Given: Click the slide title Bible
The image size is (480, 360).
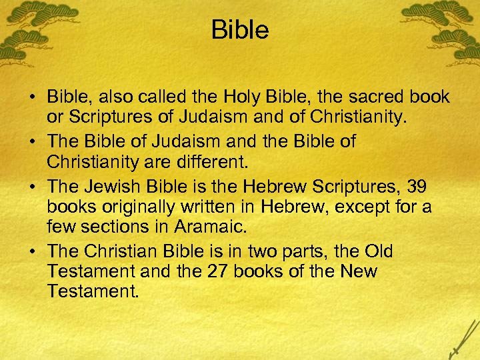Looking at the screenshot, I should pyautogui.click(x=240, y=30).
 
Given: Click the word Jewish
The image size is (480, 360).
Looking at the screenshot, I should pyautogui.click(x=111, y=187).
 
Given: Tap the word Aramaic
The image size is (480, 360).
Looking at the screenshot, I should pyautogui.click(x=211, y=227).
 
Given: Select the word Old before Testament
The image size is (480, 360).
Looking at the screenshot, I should pyautogui.click(x=379, y=251).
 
